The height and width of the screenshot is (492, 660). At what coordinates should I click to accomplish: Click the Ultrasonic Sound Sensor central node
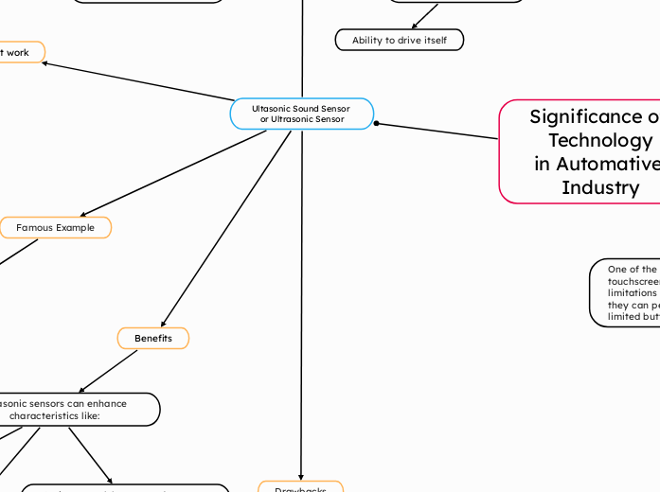(301, 114)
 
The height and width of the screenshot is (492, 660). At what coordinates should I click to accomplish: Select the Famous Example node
(55, 228)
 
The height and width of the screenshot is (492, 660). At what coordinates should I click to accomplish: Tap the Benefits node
(152, 338)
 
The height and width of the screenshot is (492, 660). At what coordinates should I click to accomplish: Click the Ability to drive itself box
(400, 41)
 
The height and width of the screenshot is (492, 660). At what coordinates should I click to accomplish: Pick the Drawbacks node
(300, 488)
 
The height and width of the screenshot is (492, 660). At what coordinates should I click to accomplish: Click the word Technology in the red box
(600, 140)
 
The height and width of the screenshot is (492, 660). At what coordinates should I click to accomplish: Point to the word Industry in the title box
(600, 187)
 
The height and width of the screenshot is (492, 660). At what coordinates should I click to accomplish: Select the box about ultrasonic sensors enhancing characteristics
(76, 410)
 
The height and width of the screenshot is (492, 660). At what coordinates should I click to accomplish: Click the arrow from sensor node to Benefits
(227, 227)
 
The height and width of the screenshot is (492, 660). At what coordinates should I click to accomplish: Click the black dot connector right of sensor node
(377, 123)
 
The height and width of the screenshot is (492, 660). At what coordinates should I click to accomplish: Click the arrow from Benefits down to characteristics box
(109, 371)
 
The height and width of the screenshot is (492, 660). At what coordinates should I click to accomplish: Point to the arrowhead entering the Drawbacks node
(301, 476)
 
